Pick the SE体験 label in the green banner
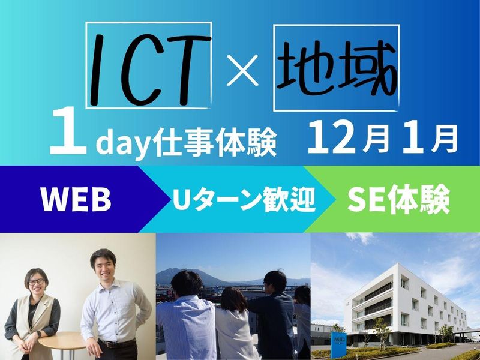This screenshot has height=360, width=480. pos(398,200)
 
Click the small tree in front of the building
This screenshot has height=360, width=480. pos(382,327)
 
